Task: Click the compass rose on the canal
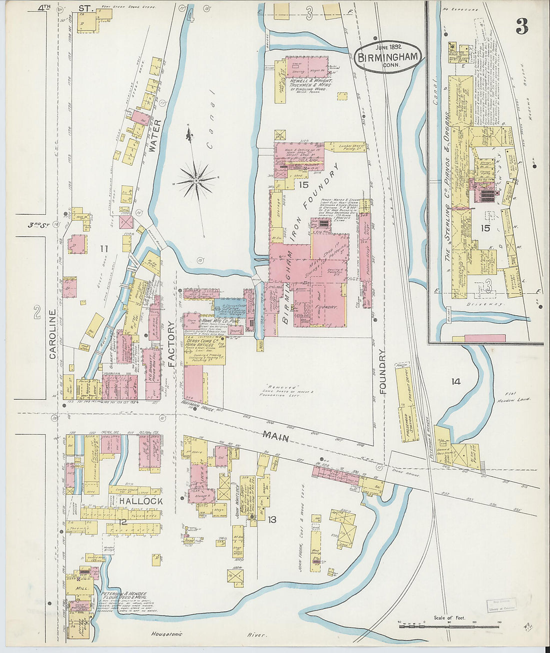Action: [196, 179]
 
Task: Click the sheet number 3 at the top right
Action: [521, 27]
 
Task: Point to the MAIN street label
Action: [276, 437]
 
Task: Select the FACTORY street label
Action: [171, 344]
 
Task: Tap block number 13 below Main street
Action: [271, 520]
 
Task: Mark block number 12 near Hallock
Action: [122, 522]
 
